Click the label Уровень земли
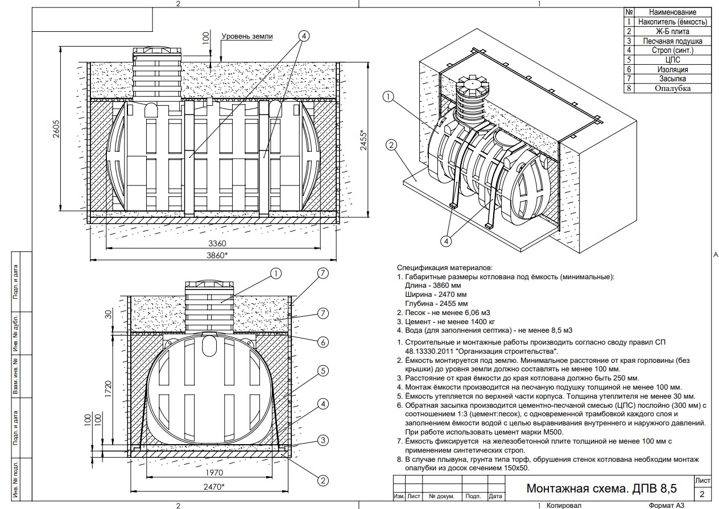[x=246, y=36]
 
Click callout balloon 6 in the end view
[x=323, y=342]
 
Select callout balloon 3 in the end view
[x=323, y=440]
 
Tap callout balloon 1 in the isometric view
[x=389, y=97]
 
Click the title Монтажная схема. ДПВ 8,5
[x=602, y=488]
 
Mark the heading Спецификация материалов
[x=444, y=267]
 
